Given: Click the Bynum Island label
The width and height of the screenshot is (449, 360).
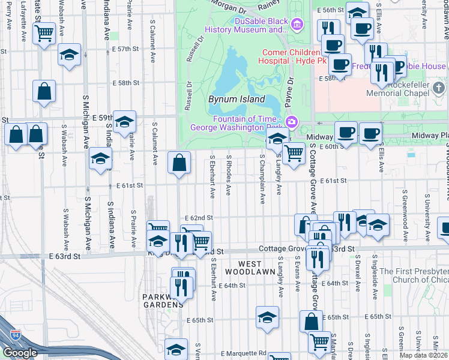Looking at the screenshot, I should tap(237, 99).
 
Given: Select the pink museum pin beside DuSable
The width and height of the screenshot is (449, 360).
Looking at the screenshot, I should tap(297, 25).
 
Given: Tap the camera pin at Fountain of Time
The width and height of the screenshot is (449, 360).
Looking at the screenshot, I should tap(292, 122).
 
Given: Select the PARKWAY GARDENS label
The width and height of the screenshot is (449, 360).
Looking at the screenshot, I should tap(162, 301).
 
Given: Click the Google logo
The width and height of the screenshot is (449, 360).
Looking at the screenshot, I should tap(20, 352).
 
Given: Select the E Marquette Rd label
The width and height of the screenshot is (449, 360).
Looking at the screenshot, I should tap(240, 353).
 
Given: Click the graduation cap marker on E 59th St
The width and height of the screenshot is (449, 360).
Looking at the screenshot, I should tap(125, 121).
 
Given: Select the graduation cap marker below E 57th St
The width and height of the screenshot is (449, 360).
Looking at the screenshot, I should tap(70, 56).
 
